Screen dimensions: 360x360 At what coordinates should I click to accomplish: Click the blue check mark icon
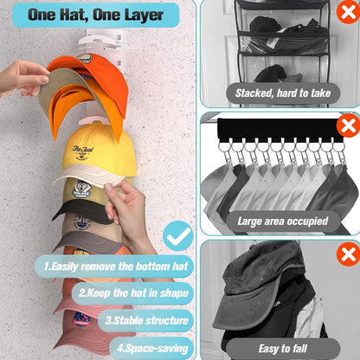tap(177, 235)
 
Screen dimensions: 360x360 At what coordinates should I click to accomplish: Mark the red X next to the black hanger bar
tap(348, 125)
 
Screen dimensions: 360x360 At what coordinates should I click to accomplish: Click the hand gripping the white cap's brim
tap(130, 208)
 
